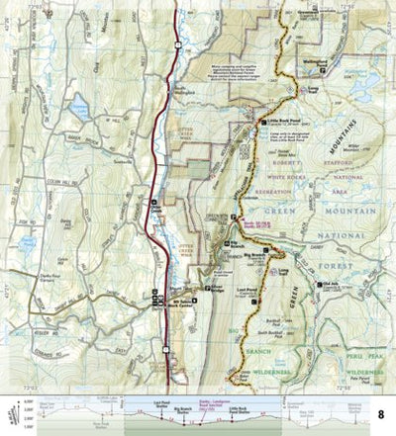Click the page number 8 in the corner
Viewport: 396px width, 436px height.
(380, 413)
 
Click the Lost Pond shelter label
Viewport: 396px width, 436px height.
(248, 283)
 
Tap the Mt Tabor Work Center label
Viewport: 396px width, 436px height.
(184, 296)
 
